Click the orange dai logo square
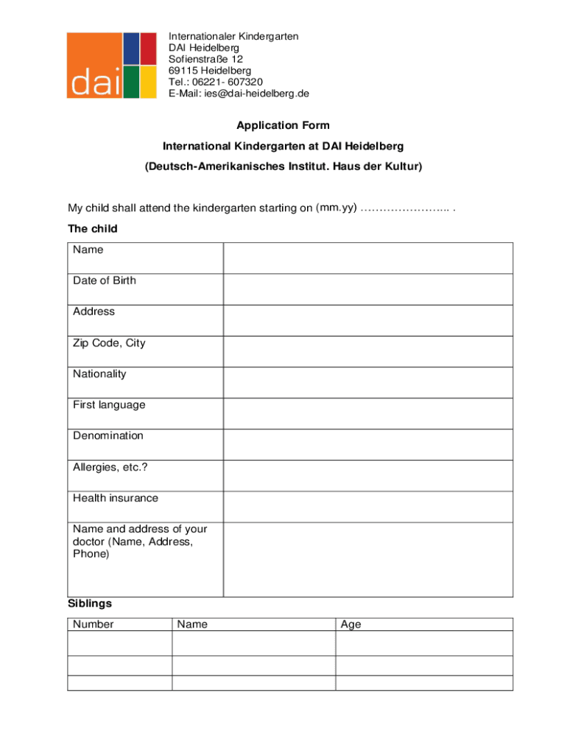[94, 65]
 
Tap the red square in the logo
[149, 49]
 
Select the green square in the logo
[130, 82]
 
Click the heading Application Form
[283, 125]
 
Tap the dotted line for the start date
[406, 208]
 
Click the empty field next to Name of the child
[367, 258]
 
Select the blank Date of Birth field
[367, 289]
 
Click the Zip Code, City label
[109, 343]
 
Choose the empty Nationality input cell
[367, 382]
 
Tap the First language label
[109, 405]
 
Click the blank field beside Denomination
[367, 444]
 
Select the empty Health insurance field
[367, 507]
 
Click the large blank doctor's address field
[367, 560]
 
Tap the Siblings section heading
[90, 604]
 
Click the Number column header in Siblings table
[94, 624]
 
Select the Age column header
[351, 624]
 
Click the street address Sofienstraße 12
[205, 59]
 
